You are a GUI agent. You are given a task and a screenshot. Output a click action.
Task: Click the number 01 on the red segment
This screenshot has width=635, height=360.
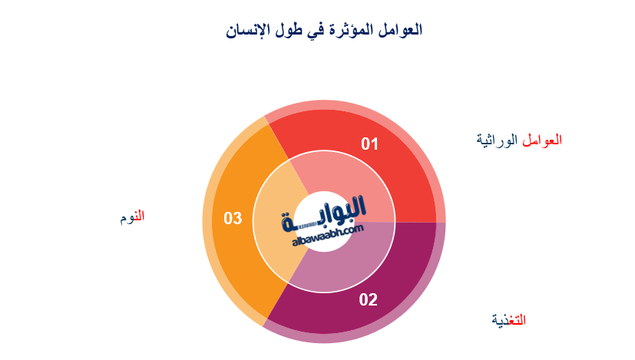tap(371, 144)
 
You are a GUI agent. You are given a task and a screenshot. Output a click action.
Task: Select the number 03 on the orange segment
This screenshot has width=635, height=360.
tap(233, 219)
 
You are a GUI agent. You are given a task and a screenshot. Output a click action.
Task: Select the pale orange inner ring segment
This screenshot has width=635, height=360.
tap(273, 230)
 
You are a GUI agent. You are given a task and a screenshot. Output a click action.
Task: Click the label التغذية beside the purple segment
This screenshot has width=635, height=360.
tap(509, 319)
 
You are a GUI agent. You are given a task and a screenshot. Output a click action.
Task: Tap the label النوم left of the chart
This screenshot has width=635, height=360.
tap(131, 217)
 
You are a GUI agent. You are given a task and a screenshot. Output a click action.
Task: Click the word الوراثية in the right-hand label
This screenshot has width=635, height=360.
tap(498, 140)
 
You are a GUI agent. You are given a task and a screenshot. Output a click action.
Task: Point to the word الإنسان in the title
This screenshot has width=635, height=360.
tap(250, 31)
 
